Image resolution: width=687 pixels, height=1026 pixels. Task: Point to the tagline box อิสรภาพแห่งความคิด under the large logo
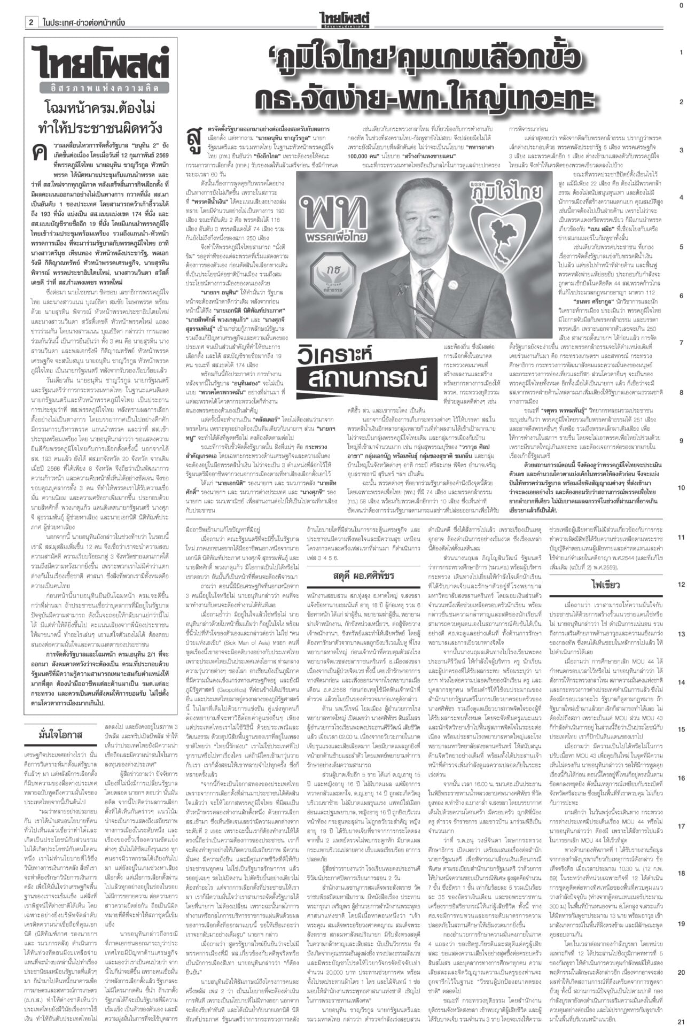100,88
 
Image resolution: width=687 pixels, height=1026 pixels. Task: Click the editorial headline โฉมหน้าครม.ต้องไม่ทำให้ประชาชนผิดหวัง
100,119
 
